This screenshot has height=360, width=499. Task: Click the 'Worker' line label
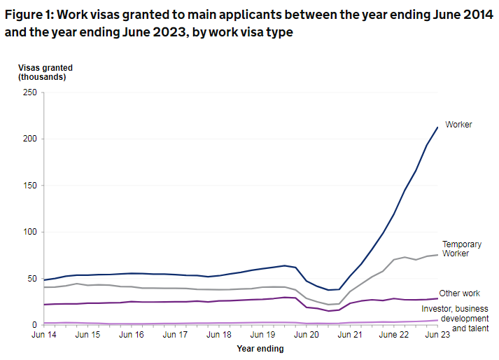[x=458, y=125]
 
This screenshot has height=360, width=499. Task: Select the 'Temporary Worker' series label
[x=461, y=249]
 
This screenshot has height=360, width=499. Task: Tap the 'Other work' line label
[x=460, y=293]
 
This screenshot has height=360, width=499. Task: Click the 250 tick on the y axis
[x=29, y=92]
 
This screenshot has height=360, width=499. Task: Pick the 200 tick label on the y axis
[x=29, y=139]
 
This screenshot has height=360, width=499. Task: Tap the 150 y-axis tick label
[x=29, y=186]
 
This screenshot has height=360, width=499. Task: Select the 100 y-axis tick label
[x=29, y=232]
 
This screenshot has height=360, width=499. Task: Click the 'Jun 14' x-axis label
[x=43, y=335]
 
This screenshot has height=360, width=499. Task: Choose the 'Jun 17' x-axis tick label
[x=174, y=335]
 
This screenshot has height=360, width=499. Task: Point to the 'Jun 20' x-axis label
[x=306, y=335]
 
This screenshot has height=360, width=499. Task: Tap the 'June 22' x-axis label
[x=393, y=335]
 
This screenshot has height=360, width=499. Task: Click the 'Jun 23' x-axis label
[x=437, y=335]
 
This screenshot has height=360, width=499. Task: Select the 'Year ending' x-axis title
[x=260, y=349]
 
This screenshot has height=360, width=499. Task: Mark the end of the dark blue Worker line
[x=438, y=127]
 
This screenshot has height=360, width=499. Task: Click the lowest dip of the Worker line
[x=329, y=290]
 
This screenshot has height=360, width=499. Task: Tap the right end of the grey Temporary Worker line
[x=438, y=254]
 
